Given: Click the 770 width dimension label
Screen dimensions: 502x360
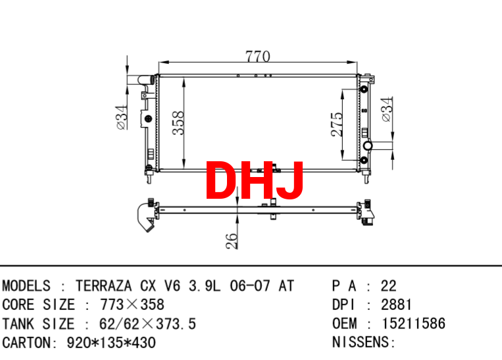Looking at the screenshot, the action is click(x=258, y=57).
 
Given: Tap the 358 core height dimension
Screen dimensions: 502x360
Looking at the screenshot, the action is click(x=178, y=122).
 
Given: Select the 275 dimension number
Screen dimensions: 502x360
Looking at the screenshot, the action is click(x=337, y=124).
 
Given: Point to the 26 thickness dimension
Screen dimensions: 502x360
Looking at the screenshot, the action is click(x=232, y=241).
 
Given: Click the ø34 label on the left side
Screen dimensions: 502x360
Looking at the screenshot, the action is click(x=122, y=118).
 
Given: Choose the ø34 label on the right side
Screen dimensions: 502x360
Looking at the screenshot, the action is click(x=387, y=109).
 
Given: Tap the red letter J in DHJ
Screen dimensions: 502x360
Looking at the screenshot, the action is click(x=289, y=180).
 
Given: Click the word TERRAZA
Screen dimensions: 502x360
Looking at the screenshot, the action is click(x=103, y=286).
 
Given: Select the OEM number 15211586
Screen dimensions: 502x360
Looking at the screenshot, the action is click(x=413, y=324).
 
